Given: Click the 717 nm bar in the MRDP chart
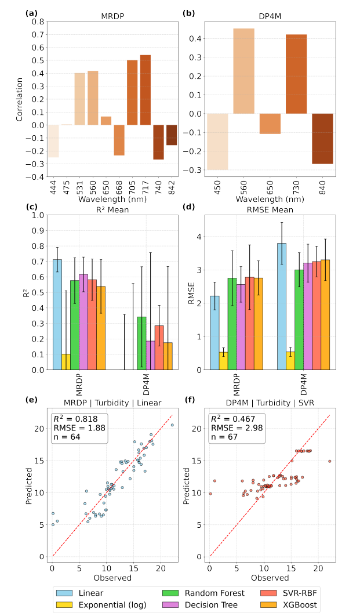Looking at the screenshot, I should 145,90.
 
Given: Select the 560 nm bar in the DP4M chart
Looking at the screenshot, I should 243,71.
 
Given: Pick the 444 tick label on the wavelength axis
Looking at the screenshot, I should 54,188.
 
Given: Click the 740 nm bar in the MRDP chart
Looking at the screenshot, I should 158,142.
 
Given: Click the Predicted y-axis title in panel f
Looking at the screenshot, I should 188,483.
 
